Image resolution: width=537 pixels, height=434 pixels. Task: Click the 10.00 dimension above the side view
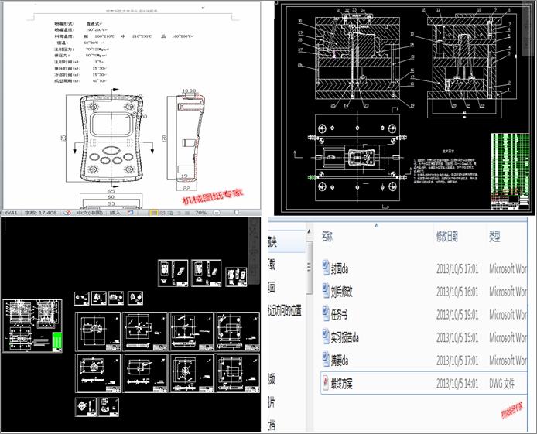188,91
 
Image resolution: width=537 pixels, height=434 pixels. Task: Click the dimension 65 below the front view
111,189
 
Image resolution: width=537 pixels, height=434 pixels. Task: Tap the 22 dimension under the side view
188,186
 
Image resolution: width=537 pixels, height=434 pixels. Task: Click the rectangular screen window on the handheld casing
111,123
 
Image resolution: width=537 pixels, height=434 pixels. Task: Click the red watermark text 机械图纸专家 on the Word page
212,196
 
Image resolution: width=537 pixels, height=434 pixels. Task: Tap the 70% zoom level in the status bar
199,212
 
